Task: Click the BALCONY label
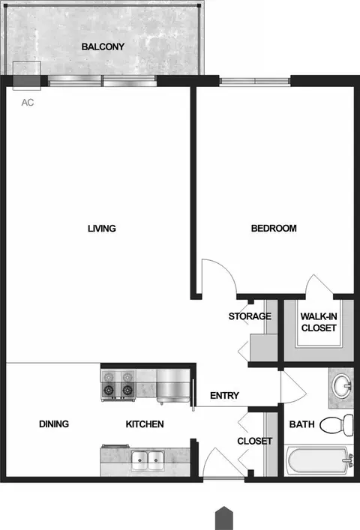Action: (103, 46)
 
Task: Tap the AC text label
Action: (28, 103)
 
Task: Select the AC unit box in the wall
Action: (27, 76)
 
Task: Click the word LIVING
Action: (102, 229)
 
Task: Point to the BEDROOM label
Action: (274, 228)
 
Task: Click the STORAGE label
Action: (250, 316)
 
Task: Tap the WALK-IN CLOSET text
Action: (319, 322)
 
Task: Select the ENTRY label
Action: (224, 395)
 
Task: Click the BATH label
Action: (301, 424)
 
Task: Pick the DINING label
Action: (54, 424)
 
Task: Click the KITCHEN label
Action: (145, 424)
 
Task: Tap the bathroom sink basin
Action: (342, 385)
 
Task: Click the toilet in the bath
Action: (337, 424)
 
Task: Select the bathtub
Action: (319, 461)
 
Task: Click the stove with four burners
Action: (118, 385)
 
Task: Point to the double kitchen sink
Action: (148, 460)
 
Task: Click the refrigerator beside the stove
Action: (173, 385)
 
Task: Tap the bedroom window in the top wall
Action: (255, 81)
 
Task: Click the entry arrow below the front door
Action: (224, 518)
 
